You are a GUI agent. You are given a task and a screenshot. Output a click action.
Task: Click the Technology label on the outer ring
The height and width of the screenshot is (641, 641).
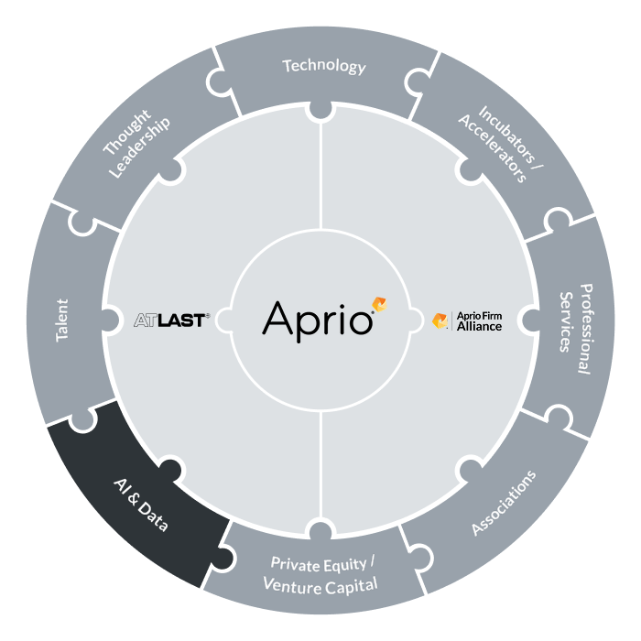(x=324, y=66)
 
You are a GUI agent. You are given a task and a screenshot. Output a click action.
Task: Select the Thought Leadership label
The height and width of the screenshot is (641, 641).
(x=136, y=144)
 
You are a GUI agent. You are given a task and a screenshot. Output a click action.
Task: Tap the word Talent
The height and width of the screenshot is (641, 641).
(x=62, y=320)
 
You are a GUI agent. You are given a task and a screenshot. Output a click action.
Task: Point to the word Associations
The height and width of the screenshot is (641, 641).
(x=504, y=503)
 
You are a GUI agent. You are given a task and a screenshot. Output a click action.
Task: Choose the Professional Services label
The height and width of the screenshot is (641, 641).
(x=576, y=329)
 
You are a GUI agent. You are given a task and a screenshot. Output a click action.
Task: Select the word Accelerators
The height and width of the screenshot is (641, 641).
(x=493, y=148)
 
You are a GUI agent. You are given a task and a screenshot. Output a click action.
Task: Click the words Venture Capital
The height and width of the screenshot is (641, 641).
(x=320, y=585)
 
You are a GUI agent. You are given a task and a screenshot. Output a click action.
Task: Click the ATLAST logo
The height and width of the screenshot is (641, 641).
(x=172, y=320)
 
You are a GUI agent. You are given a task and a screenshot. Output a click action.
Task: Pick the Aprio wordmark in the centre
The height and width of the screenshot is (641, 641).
(x=318, y=321)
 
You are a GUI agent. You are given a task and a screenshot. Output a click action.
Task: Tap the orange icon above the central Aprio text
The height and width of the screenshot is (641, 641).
(x=379, y=304)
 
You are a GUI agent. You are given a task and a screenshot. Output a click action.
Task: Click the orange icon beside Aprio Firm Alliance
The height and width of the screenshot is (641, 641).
(x=440, y=320)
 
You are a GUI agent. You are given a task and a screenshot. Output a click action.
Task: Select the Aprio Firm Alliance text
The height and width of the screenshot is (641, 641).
(x=479, y=321)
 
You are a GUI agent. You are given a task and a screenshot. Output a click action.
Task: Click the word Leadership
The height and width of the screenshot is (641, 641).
(x=140, y=148)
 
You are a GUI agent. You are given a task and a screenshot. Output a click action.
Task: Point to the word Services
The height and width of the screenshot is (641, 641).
(x=566, y=321)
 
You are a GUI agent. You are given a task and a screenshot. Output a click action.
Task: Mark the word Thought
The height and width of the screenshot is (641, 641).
(x=126, y=132)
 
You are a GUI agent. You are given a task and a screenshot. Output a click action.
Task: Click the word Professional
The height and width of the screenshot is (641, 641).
(x=586, y=329)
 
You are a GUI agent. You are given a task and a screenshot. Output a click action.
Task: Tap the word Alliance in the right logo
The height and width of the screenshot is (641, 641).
(x=479, y=326)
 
